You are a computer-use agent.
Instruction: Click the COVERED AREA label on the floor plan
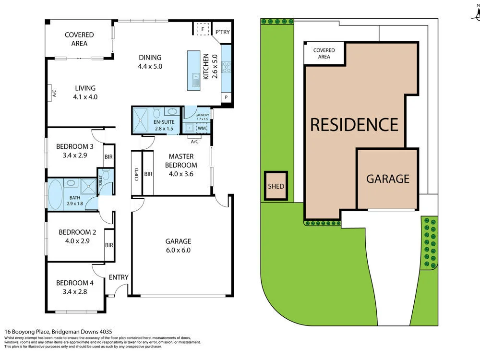pos(79,39)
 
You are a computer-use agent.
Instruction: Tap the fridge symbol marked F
pos(203,29)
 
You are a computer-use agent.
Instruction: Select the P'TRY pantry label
pos(222,32)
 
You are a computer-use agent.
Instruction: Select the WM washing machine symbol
pos(202,128)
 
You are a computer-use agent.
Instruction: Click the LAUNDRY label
pos(201,115)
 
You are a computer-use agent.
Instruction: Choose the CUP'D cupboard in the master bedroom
pos(136,173)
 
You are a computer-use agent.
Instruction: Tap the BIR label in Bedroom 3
pos(109,156)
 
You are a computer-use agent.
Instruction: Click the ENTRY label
pos(119,277)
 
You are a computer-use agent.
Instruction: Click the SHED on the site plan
pos(276,186)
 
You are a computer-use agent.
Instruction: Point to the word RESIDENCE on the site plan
pos(354,124)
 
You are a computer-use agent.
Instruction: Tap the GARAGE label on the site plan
pos(388,179)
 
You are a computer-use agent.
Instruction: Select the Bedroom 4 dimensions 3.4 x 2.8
pos(74,291)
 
